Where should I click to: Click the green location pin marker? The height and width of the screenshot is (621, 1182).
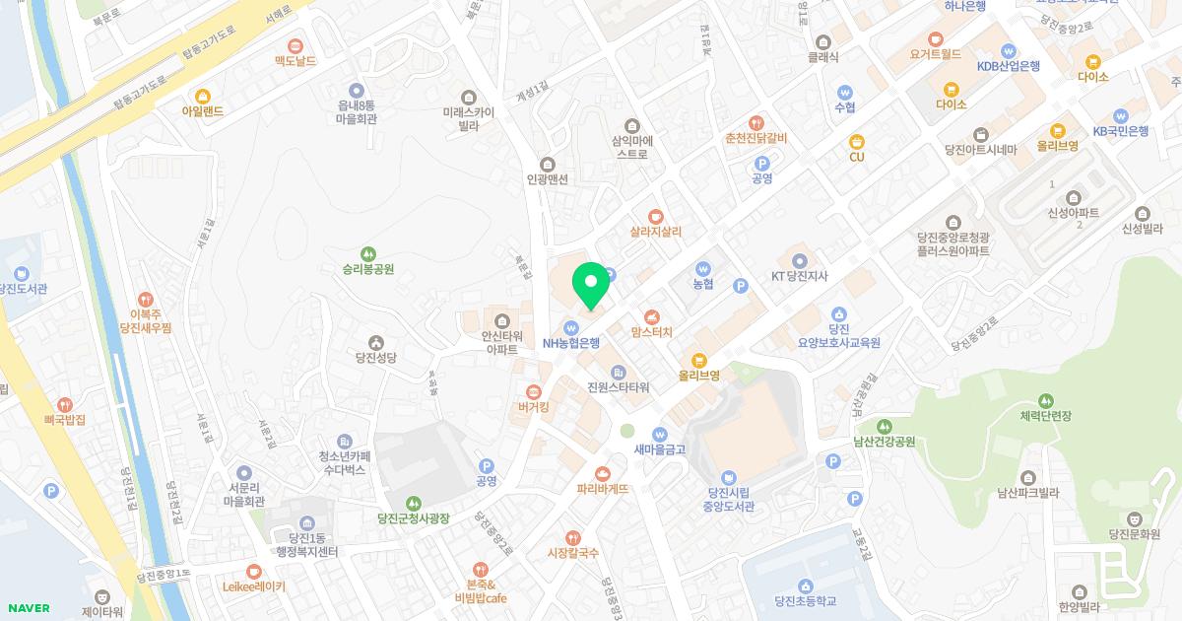point(591,285)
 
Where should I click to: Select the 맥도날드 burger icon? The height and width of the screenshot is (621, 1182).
point(295,45)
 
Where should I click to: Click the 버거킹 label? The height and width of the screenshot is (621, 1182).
point(533,406)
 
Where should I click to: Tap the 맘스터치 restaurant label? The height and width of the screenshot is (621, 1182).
point(651,332)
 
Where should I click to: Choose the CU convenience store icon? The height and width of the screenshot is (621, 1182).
point(856,141)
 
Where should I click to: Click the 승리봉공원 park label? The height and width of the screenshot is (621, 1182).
point(367,268)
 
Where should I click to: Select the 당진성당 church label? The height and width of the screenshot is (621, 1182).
point(375,358)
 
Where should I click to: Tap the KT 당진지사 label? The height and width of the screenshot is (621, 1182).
point(802,276)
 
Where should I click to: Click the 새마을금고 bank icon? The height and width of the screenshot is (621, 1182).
point(660,435)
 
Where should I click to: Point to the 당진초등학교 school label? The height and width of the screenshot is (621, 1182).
point(805,600)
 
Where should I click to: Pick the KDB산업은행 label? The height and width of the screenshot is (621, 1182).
point(1008,66)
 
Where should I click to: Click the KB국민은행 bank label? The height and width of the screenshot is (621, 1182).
point(1120,131)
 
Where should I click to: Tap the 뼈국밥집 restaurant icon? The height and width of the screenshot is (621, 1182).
point(65,404)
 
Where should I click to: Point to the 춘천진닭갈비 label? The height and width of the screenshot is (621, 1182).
point(755,138)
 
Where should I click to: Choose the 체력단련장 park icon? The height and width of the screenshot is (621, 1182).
point(1045,402)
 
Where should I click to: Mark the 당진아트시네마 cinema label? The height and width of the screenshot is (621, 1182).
point(979,151)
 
